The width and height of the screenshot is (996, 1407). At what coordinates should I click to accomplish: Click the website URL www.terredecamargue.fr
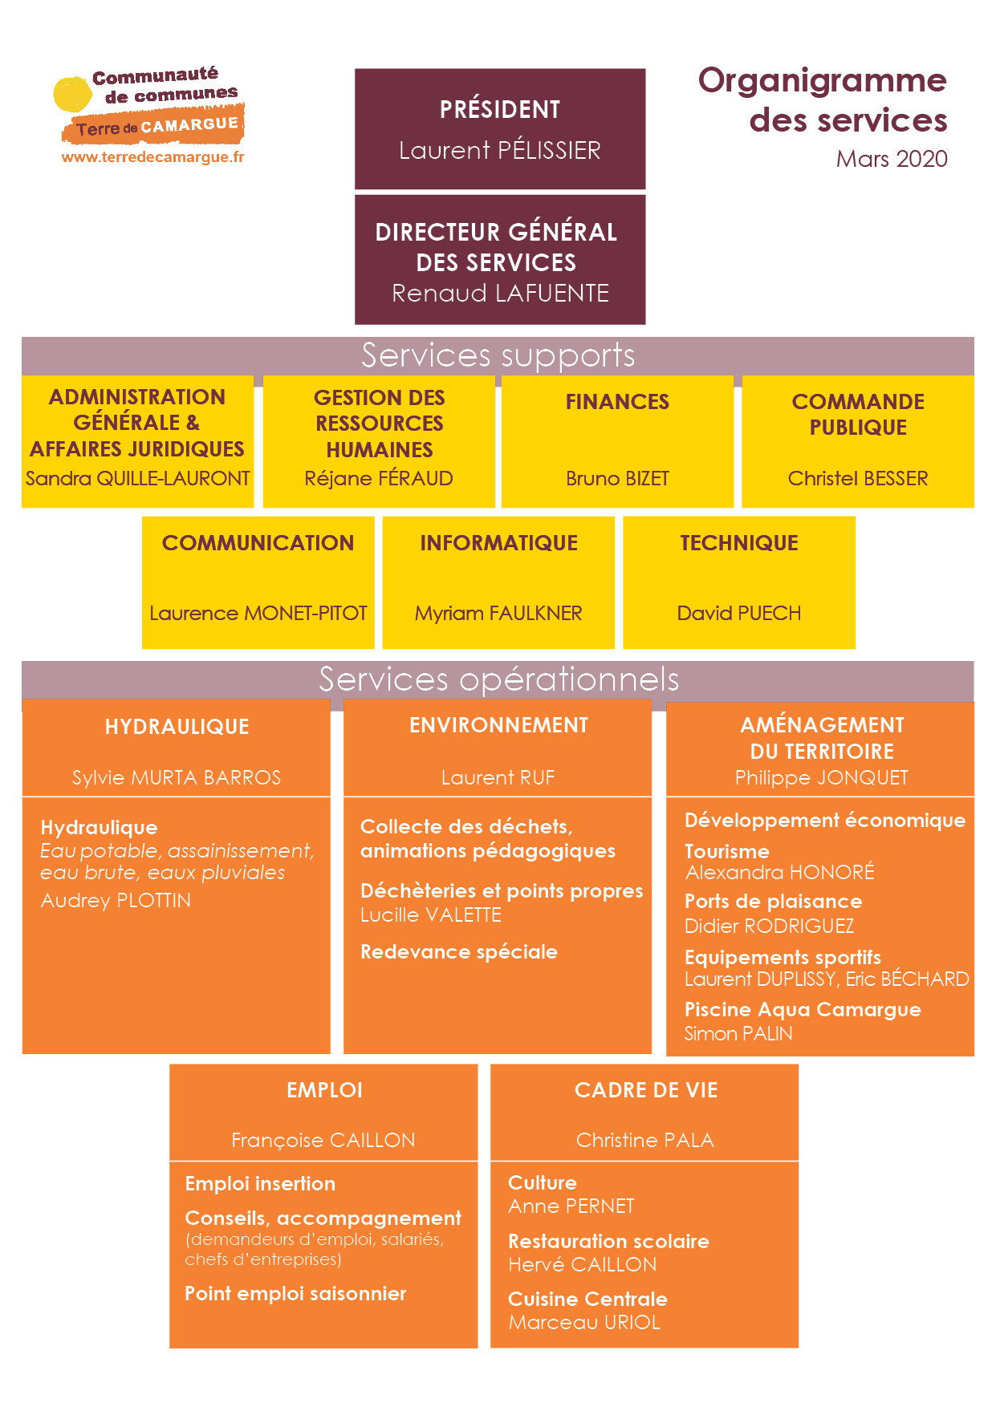click(152, 157)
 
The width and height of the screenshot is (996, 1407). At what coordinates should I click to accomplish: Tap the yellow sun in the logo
click(71, 95)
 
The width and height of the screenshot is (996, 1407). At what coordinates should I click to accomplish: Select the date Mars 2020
click(892, 159)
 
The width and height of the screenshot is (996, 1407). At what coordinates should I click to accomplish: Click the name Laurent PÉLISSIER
click(500, 150)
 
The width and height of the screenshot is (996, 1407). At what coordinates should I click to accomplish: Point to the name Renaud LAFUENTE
click(500, 293)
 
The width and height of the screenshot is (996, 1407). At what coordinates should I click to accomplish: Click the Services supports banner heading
click(498, 355)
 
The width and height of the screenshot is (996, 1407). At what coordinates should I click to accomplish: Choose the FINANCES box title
click(617, 402)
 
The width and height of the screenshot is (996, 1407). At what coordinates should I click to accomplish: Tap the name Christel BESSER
click(858, 479)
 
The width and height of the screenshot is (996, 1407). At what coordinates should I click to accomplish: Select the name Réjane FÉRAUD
click(379, 479)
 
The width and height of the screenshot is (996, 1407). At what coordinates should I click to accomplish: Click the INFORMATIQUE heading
click(498, 543)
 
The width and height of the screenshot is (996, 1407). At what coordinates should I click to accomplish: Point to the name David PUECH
click(739, 614)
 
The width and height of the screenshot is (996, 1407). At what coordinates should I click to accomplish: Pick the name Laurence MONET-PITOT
click(258, 614)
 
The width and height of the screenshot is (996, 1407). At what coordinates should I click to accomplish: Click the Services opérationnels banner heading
click(498, 679)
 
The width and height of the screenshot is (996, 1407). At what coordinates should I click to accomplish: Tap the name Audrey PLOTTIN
click(116, 901)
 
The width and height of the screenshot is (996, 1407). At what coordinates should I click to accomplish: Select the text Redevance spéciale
click(459, 952)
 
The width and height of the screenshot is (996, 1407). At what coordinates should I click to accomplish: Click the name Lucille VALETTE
click(431, 915)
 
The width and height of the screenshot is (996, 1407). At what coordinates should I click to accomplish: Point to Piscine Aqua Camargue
click(803, 1010)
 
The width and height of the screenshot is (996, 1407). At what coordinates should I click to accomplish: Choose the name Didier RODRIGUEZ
click(769, 927)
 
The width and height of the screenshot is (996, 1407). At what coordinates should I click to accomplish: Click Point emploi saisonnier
click(295, 1294)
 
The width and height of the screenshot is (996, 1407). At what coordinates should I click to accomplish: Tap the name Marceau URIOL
click(584, 1323)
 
